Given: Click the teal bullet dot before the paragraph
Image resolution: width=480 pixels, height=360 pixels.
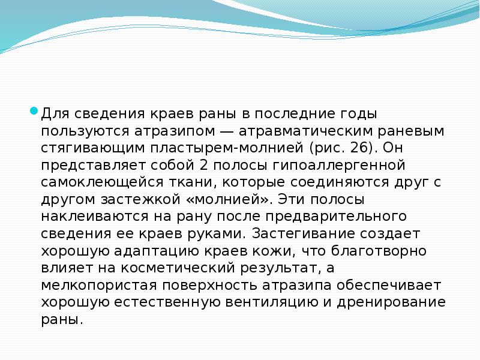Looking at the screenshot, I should [x=35, y=111].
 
